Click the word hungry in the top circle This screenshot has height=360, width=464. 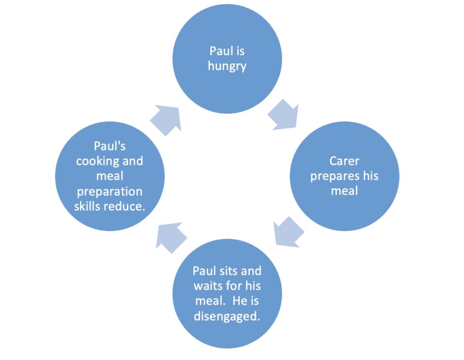[x=227, y=66]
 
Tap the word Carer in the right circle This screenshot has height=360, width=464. [x=344, y=161]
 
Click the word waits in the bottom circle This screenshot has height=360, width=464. [x=207, y=286]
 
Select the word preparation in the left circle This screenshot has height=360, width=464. [x=110, y=192]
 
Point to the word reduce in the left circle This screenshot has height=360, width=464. [x=122, y=206]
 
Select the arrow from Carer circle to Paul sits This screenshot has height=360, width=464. [x=289, y=232]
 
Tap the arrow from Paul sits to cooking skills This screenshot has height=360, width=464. [x=171, y=238]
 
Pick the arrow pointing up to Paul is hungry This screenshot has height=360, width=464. [x=166, y=120]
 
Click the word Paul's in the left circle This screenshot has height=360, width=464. [x=110, y=146]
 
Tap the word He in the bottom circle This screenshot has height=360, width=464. [x=238, y=301]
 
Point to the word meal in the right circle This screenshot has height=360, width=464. [x=344, y=191]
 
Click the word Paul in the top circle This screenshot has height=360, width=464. [x=218, y=51]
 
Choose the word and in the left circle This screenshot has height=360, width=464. [x=133, y=161]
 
